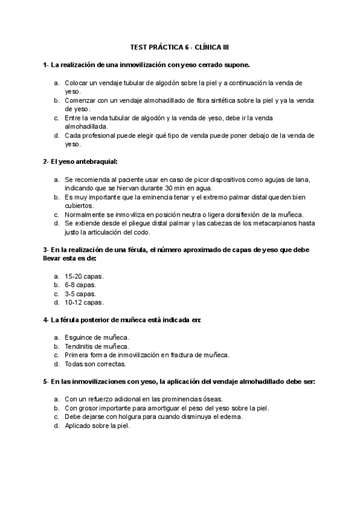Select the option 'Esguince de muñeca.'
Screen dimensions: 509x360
pyautogui.click(x=97, y=338)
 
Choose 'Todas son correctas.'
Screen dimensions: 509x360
pyautogui.click(x=95, y=364)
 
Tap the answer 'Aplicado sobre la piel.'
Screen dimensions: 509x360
pyautogui.click(x=97, y=426)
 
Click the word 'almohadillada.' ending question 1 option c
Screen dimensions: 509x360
pyautogui.click(x=86, y=127)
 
